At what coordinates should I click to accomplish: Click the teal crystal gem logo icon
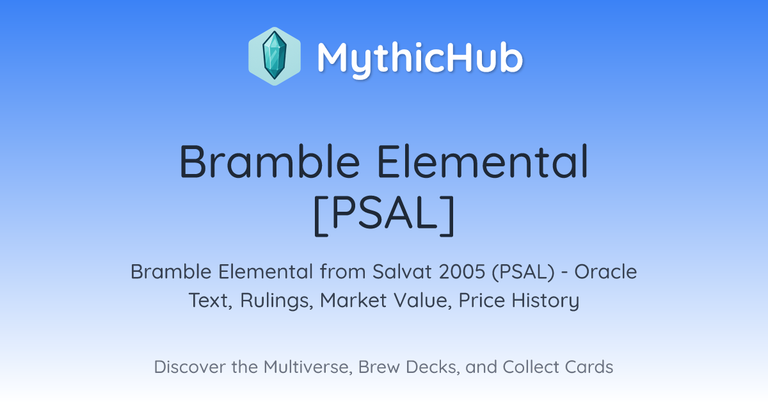275,56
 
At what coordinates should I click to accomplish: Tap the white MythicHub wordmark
420,59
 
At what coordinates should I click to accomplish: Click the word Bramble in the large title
269,161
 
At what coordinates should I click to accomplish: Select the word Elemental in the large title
483,161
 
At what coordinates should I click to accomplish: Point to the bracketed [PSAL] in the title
385,215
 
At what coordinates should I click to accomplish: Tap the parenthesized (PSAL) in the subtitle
524,272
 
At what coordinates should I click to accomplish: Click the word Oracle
606,272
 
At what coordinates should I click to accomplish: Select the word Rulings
276,301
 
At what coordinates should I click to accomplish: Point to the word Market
353,300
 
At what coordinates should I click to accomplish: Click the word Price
482,300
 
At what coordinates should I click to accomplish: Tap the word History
545,301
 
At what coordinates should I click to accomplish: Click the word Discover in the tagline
189,367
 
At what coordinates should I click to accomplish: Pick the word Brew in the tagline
379,367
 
